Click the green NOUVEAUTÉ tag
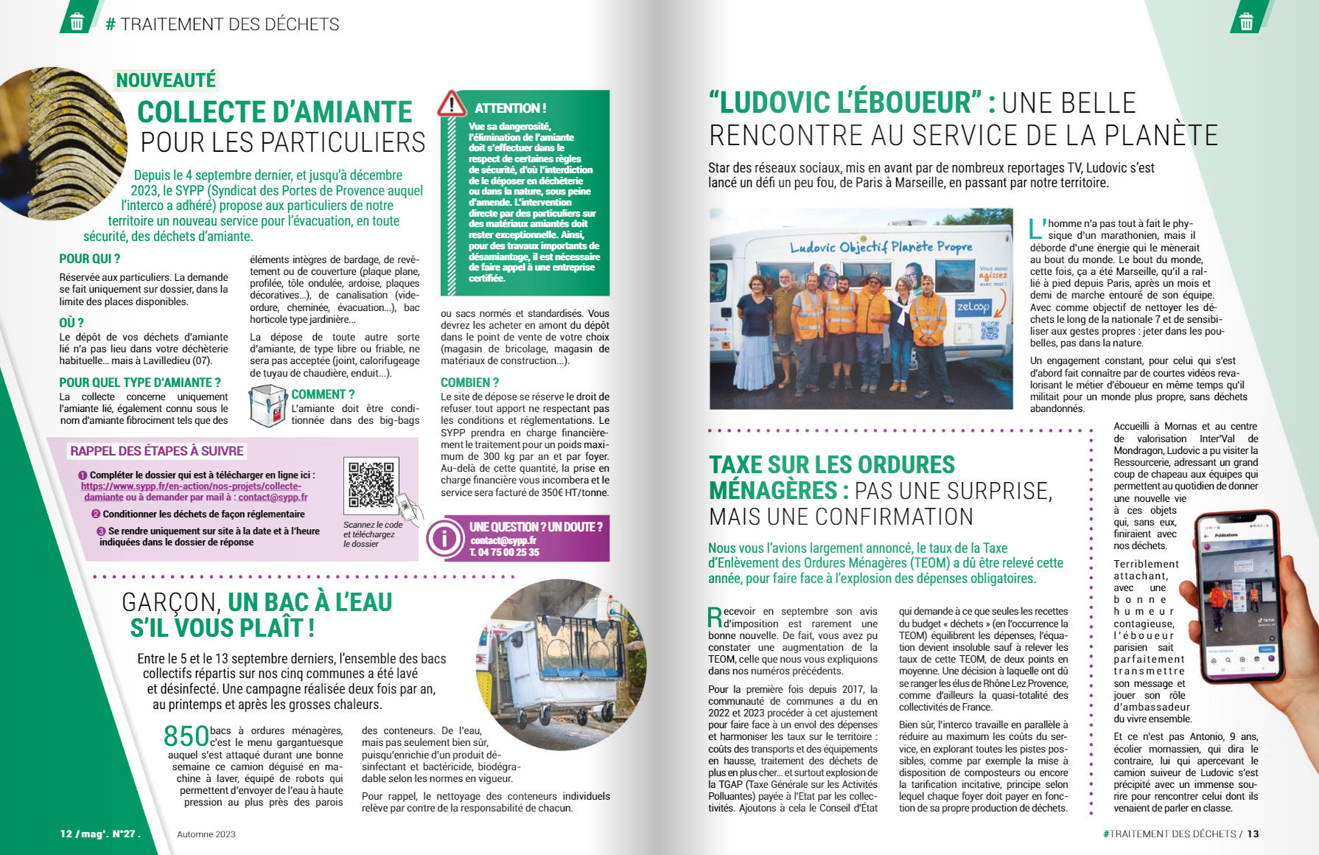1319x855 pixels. (x=166, y=80)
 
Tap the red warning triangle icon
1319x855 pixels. (x=452, y=104)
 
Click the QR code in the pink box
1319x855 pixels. (x=371, y=484)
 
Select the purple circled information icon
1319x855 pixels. (x=444, y=539)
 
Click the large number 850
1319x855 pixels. (x=186, y=736)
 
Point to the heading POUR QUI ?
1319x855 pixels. (x=89, y=259)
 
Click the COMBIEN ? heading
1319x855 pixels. (x=469, y=383)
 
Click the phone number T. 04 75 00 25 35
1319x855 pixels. (x=505, y=552)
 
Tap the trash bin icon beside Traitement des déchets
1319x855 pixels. (x=77, y=22)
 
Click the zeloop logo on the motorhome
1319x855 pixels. (x=973, y=307)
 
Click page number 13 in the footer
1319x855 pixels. (x=1253, y=834)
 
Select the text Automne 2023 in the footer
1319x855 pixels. (x=206, y=834)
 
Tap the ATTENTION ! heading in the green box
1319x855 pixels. (x=510, y=108)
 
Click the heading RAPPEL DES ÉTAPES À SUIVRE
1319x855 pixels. (x=156, y=451)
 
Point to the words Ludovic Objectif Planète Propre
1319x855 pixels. (x=881, y=247)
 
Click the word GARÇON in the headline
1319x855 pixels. (x=170, y=603)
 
